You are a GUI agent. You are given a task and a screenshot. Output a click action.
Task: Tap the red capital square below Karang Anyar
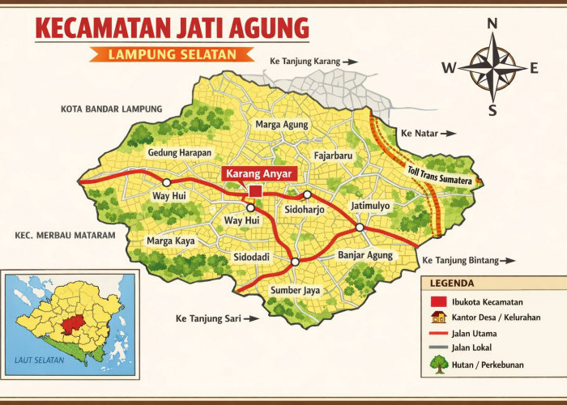(x=255, y=191)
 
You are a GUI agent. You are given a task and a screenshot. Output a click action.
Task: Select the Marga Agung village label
(x=282, y=125)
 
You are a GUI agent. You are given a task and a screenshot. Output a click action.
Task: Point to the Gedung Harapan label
(x=179, y=153)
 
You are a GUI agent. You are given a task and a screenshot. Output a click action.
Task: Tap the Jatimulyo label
(x=370, y=206)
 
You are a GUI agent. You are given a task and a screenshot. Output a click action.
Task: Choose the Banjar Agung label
(x=364, y=255)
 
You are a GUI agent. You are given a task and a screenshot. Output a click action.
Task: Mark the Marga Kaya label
(x=171, y=241)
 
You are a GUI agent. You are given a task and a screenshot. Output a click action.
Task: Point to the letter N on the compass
(x=491, y=25)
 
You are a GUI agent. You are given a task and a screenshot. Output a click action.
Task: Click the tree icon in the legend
(x=438, y=364)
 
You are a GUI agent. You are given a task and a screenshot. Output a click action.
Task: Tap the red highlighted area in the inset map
(x=73, y=323)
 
